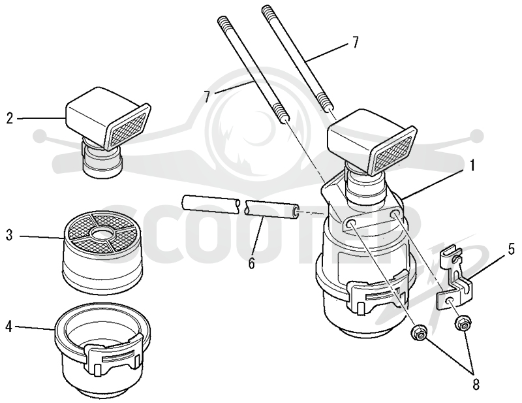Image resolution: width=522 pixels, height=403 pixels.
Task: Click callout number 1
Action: tap(471, 165)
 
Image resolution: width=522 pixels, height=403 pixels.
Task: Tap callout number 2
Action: tap(10, 118)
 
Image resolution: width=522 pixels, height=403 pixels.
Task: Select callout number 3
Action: tap(9, 235)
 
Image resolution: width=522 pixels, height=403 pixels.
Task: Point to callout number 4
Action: tap(9, 327)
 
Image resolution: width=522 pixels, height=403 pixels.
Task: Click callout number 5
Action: tap(512, 250)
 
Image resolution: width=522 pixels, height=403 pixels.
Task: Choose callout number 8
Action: tap(476, 384)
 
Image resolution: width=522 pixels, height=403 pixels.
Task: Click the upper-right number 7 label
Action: tap(355, 42)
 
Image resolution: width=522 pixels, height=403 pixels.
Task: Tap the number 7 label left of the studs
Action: tap(207, 97)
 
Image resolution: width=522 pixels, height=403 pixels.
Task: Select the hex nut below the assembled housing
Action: tap(418, 333)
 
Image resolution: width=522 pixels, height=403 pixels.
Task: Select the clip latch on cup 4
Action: tap(113, 355)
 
